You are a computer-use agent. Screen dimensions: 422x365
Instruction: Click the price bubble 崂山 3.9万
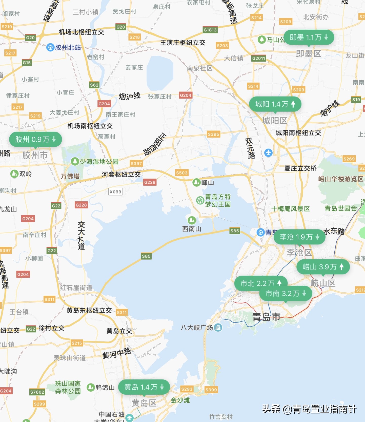point(323,267)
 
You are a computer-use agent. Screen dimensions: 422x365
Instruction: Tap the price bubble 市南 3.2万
point(286,294)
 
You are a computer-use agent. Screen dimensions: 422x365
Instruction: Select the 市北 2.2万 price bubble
point(261,283)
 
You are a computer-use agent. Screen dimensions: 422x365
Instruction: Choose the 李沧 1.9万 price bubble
point(299,237)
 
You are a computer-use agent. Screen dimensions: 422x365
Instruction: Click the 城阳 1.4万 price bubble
point(275,104)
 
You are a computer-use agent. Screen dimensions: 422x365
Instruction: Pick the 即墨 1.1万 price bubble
point(309,37)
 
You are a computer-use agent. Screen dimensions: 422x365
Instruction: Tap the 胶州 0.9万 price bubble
point(35,139)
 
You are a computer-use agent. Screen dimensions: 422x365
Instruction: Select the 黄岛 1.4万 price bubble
point(144,387)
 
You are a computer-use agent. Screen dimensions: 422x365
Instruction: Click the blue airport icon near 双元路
point(268,153)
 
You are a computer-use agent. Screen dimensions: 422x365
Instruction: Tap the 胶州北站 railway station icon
point(50,47)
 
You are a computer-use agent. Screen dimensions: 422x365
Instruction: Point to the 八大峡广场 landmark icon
point(218,328)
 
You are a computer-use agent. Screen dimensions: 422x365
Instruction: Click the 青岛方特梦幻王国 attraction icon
point(200,200)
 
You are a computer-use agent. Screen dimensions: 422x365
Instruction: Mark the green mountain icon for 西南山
point(192,220)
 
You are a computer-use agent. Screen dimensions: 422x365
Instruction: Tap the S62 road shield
point(94,85)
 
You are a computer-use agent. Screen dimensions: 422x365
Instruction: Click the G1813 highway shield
point(210,30)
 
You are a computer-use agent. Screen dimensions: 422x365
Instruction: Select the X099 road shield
point(115,192)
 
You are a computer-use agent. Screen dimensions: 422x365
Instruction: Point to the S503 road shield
point(182,173)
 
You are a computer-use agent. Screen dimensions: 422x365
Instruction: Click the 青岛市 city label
point(266,317)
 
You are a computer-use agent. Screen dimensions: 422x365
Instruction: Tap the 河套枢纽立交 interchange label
point(121,175)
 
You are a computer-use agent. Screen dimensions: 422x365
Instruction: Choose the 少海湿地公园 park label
point(99,162)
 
